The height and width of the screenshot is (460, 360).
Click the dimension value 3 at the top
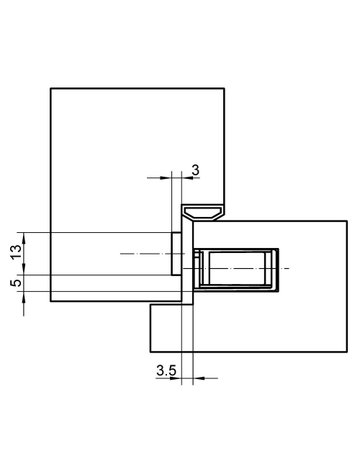click(196, 171)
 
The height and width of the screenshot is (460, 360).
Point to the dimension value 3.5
click(167, 371)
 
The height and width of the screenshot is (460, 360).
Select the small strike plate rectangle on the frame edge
click(176, 254)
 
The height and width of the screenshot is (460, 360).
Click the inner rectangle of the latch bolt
click(236, 269)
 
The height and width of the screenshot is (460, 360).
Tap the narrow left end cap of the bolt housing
click(198, 269)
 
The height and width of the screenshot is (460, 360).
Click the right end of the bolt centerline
click(291, 269)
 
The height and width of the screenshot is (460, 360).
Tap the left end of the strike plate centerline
click(120, 254)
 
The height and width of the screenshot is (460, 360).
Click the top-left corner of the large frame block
click(50, 89)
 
